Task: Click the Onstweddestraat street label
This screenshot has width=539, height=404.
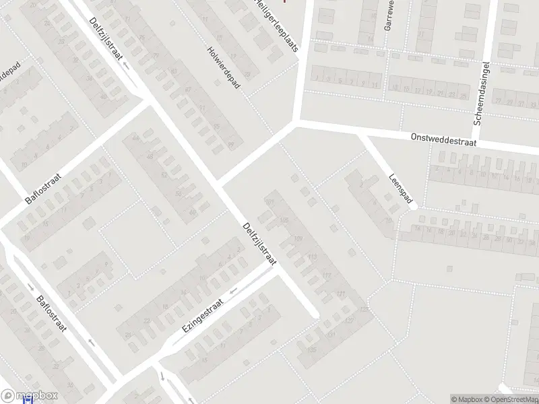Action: click(x=445, y=139)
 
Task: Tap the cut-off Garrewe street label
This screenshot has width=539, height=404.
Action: click(x=389, y=15)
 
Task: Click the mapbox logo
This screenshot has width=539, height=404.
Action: click(x=30, y=396)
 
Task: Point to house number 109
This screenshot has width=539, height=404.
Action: click(x=299, y=239)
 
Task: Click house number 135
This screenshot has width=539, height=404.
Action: click(x=311, y=349)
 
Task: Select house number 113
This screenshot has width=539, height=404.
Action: click(x=312, y=257)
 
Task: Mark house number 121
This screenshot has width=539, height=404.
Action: click(x=341, y=294)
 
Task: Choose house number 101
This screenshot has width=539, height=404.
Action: click(x=271, y=202)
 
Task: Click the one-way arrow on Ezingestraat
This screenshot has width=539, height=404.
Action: click(x=234, y=291)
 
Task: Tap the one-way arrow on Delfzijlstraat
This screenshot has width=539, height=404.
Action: click(x=126, y=65)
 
